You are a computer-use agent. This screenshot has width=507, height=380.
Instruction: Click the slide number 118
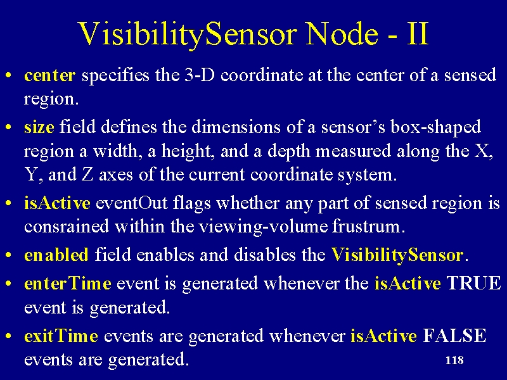click(x=454, y=360)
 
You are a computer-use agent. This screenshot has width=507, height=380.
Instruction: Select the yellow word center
click(x=50, y=75)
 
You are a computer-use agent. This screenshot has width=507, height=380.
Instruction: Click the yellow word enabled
click(x=56, y=255)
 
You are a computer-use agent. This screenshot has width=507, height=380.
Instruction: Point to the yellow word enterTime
click(x=68, y=283)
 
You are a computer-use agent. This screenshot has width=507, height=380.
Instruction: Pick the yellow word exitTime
click(x=61, y=336)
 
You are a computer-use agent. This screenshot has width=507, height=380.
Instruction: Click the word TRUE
click(x=473, y=283)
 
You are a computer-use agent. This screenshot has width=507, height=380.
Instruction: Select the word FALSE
click(x=454, y=336)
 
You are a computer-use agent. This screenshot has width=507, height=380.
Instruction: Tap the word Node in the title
click(x=342, y=34)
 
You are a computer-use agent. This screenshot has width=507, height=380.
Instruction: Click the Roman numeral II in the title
click(x=418, y=34)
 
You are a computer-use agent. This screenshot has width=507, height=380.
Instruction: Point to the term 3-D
click(x=200, y=75)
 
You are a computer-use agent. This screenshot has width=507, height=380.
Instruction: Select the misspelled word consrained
click(x=67, y=226)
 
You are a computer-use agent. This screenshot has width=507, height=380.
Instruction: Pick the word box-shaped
click(x=435, y=127)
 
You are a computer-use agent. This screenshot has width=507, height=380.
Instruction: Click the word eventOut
click(x=132, y=203)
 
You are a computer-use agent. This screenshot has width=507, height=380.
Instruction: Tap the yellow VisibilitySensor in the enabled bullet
click(x=397, y=255)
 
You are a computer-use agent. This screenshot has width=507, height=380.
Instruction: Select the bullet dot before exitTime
click(x=9, y=336)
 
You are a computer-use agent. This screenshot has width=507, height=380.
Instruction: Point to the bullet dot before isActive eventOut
click(x=9, y=204)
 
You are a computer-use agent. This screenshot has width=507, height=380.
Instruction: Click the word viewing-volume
click(x=263, y=227)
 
